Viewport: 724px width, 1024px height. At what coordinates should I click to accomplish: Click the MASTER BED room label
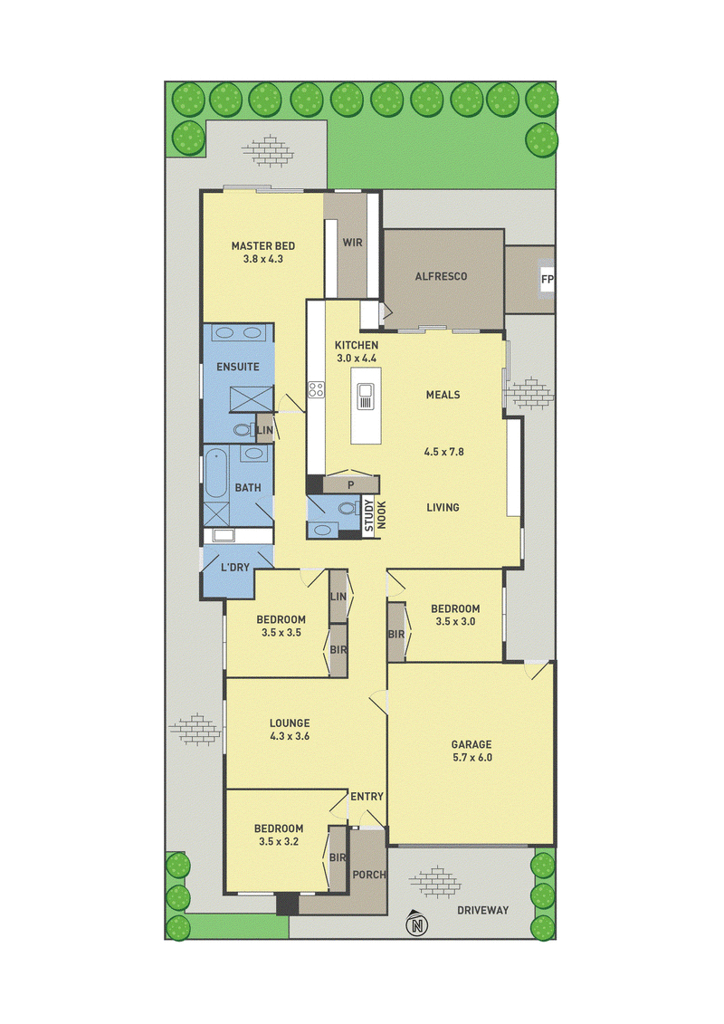(263, 246)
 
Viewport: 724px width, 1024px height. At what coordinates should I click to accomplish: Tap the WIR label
(353, 243)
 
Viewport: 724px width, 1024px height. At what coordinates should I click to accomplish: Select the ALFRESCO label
(442, 276)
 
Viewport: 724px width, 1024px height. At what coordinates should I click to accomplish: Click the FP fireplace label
(548, 280)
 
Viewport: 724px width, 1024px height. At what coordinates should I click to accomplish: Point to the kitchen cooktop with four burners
(317, 390)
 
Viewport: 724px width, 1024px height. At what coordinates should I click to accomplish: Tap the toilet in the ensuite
(244, 430)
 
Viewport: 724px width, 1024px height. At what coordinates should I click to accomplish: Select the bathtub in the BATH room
(215, 473)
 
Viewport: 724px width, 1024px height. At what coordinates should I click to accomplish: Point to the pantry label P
(350, 485)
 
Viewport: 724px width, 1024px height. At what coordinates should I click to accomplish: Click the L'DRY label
(235, 568)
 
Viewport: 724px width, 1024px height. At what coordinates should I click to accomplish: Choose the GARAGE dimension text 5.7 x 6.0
(472, 758)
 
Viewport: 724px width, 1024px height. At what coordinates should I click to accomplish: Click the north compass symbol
(416, 924)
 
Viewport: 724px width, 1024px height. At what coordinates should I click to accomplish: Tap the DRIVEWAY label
(483, 910)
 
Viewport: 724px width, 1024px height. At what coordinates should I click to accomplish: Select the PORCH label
(369, 875)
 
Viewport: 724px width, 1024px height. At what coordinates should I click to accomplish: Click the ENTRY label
(367, 797)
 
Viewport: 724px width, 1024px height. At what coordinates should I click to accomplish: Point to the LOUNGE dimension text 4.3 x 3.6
(290, 736)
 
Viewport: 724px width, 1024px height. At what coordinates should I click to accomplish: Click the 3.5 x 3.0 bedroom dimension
(456, 622)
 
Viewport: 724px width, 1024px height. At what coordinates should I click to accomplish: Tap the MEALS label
(443, 395)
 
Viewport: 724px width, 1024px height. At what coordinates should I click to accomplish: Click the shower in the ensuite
(252, 399)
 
